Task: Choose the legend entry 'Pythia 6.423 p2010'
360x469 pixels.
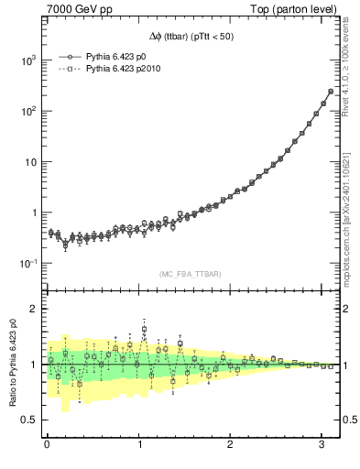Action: click(x=124, y=68)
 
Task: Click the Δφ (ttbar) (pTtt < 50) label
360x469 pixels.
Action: click(x=192, y=37)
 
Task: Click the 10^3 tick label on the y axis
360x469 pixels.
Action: click(x=29, y=60)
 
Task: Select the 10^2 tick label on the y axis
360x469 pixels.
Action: click(x=29, y=112)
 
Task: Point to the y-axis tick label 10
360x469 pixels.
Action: click(x=31, y=162)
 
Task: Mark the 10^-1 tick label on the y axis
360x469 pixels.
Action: click(x=29, y=264)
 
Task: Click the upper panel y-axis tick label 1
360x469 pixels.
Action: click(x=35, y=213)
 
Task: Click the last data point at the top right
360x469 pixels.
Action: click(x=330, y=92)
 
